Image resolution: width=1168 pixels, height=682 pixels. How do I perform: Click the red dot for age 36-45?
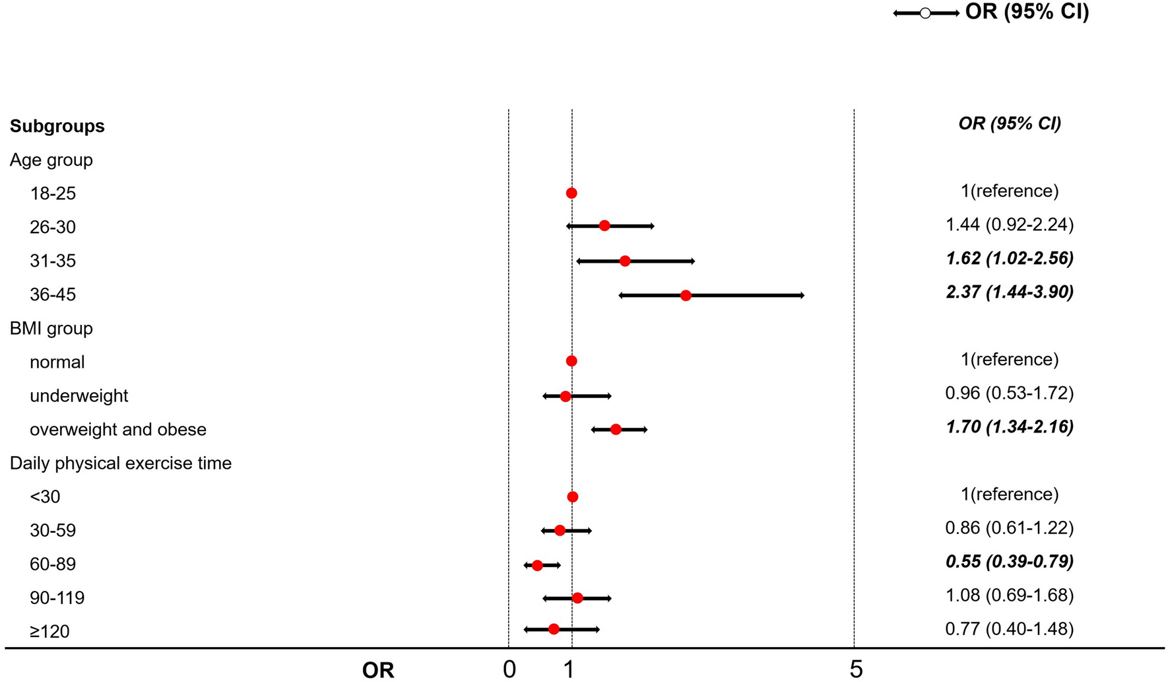(x=686, y=296)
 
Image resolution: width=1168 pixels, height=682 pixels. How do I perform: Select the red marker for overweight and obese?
(x=616, y=430)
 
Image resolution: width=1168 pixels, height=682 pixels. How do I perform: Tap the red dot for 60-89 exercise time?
(x=537, y=565)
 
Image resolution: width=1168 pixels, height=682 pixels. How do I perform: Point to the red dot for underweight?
(x=566, y=396)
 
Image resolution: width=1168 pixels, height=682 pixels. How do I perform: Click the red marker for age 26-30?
(x=604, y=226)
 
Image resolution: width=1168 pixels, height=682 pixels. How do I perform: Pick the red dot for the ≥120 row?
(x=554, y=629)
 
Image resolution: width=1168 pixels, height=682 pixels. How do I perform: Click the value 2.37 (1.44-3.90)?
(x=1010, y=292)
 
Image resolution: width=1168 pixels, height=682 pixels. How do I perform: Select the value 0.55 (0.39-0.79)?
(x=1010, y=562)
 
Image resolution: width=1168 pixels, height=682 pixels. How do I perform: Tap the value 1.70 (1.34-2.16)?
(x=1010, y=427)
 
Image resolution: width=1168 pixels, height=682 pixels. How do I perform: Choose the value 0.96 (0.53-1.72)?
(x=1010, y=393)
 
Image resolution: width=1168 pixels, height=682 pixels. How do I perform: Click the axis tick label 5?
(x=856, y=669)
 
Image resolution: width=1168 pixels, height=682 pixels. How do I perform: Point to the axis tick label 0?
(x=509, y=669)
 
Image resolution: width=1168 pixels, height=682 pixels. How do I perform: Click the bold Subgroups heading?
(x=57, y=126)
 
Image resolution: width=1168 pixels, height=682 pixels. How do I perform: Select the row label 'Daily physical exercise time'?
(x=121, y=463)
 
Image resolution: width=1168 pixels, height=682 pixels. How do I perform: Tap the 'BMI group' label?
(x=51, y=329)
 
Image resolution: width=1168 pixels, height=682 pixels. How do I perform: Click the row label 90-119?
(x=57, y=598)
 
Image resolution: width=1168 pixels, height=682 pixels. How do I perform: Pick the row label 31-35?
(x=53, y=261)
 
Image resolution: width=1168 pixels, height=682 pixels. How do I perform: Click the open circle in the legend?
(x=925, y=13)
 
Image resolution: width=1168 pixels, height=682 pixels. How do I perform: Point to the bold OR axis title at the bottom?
(x=378, y=671)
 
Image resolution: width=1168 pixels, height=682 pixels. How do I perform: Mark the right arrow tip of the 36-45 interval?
(x=802, y=296)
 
